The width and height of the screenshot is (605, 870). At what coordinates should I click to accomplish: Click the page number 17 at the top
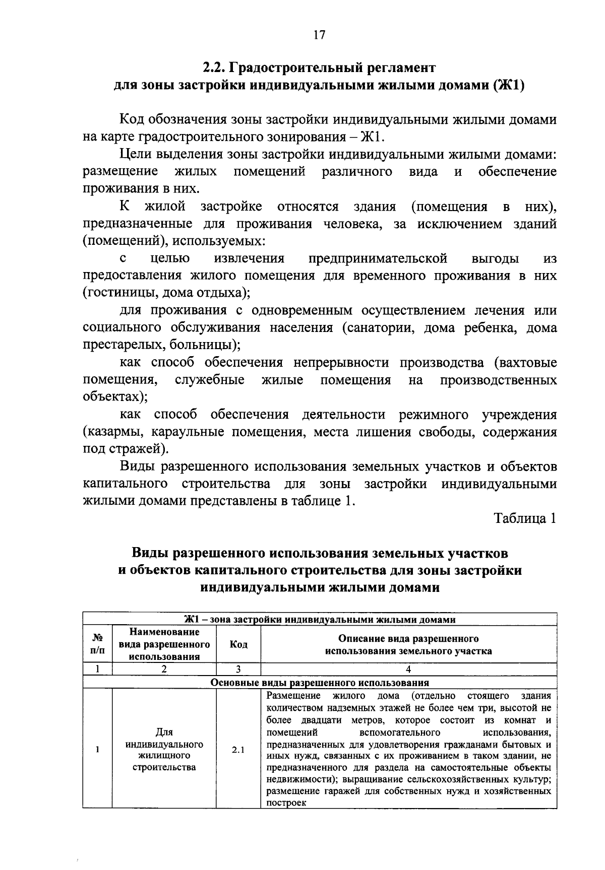(x=320, y=35)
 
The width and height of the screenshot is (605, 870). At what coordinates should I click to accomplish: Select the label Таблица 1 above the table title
(x=525, y=519)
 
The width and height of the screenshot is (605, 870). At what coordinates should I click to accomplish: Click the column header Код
(x=238, y=645)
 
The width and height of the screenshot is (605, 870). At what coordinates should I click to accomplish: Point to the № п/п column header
(x=97, y=644)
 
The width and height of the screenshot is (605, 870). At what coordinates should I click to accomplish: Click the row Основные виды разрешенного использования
(x=319, y=683)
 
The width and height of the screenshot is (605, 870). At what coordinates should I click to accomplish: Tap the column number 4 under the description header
(x=408, y=670)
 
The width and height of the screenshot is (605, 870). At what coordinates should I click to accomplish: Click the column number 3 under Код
(x=238, y=670)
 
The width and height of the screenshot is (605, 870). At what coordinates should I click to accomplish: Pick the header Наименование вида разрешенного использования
(x=164, y=644)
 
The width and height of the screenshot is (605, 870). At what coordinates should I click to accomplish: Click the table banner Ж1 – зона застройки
(x=319, y=620)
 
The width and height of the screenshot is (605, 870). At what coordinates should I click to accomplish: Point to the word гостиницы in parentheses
(x=111, y=293)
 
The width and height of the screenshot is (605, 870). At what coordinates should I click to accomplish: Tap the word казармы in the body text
(x=112, y=432)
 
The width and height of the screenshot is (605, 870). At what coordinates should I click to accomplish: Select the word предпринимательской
(x=378, y=259)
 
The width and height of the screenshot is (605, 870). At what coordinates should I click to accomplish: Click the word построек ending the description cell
(x=286, y=803)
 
